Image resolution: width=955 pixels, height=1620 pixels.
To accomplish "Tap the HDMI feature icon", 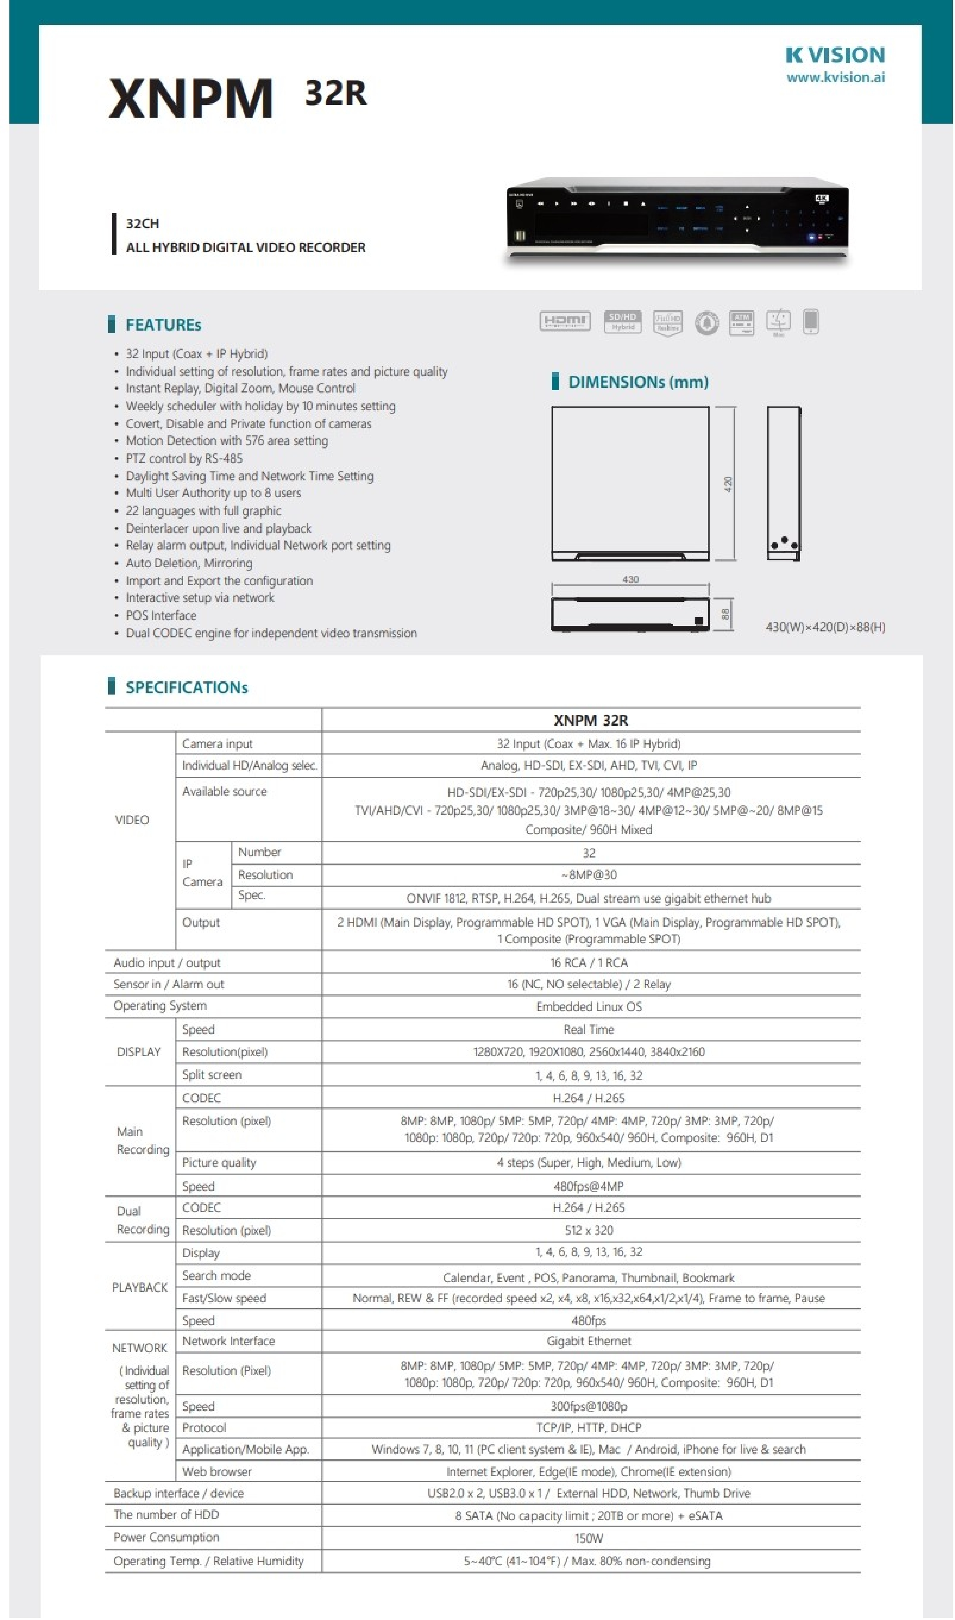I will click(x=564, y=321).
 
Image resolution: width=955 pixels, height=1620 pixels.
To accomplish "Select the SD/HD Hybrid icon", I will click(x=622, y=322).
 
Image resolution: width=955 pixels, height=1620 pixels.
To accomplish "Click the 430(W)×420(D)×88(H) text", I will click(x=825, y=627).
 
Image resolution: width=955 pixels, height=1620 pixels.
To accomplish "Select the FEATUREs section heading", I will click(x=163, y=325).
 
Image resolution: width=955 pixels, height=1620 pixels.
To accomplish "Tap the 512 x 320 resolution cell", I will click(x=589, y=1230).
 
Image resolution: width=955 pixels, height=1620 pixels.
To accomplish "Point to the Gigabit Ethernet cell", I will click(x=589, y=1341).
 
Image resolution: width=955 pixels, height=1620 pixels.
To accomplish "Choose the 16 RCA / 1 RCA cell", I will click(x=589, y=963).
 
